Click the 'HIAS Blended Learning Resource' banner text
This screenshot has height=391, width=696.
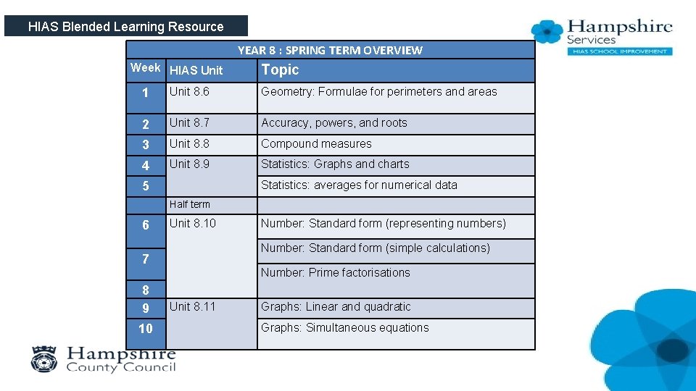[125, 27]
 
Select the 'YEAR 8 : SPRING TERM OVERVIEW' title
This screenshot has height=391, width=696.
[330, 50]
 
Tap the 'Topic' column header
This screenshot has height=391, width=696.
[280, 70]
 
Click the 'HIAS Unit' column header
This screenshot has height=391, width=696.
[196, 70]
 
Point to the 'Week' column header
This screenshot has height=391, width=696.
[145, 67]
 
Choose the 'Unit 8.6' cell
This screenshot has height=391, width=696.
[189, 91]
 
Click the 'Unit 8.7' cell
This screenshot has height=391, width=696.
[189, 122]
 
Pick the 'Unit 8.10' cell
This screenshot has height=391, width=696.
[192, 223]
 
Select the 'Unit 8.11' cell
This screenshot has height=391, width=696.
[192, 306]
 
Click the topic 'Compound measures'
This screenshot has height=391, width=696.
[316, 143]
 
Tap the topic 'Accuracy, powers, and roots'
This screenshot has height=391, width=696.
[334, 122]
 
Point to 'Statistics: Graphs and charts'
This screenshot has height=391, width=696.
[335, 164]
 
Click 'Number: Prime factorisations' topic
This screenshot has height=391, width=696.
[335, 272]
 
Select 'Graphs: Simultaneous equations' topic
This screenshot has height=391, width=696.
[344, 327]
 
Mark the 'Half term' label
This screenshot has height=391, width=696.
[189, 204]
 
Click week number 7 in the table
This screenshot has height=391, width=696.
[146, 259]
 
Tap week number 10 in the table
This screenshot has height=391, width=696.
[146, 329]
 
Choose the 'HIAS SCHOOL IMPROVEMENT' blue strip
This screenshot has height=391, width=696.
[619, 51]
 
